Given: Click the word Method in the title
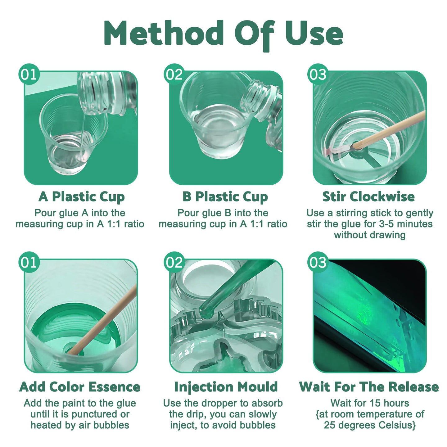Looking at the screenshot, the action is (x=164, y=33).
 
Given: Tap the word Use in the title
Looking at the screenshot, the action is (x=314, y=33).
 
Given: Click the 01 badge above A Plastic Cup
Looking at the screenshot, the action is (x=29, y=74).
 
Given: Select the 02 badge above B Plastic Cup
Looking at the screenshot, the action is (x=174, y=74).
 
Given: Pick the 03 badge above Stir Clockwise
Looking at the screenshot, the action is (x=318, y=74).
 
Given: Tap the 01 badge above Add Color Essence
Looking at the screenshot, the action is (x=29, y=262).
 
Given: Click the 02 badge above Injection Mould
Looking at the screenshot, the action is (x=174, y=262).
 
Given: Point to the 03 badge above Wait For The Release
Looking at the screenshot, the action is (x=318, y=262).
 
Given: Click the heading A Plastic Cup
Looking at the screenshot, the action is (x=82, y=197).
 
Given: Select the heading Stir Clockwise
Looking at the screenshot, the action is (x=368, y=196).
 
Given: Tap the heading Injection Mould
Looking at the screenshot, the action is (x=226, y=387).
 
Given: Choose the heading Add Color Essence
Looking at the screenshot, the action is (x=80, y=387).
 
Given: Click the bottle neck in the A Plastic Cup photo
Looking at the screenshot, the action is (x=93, y=93).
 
